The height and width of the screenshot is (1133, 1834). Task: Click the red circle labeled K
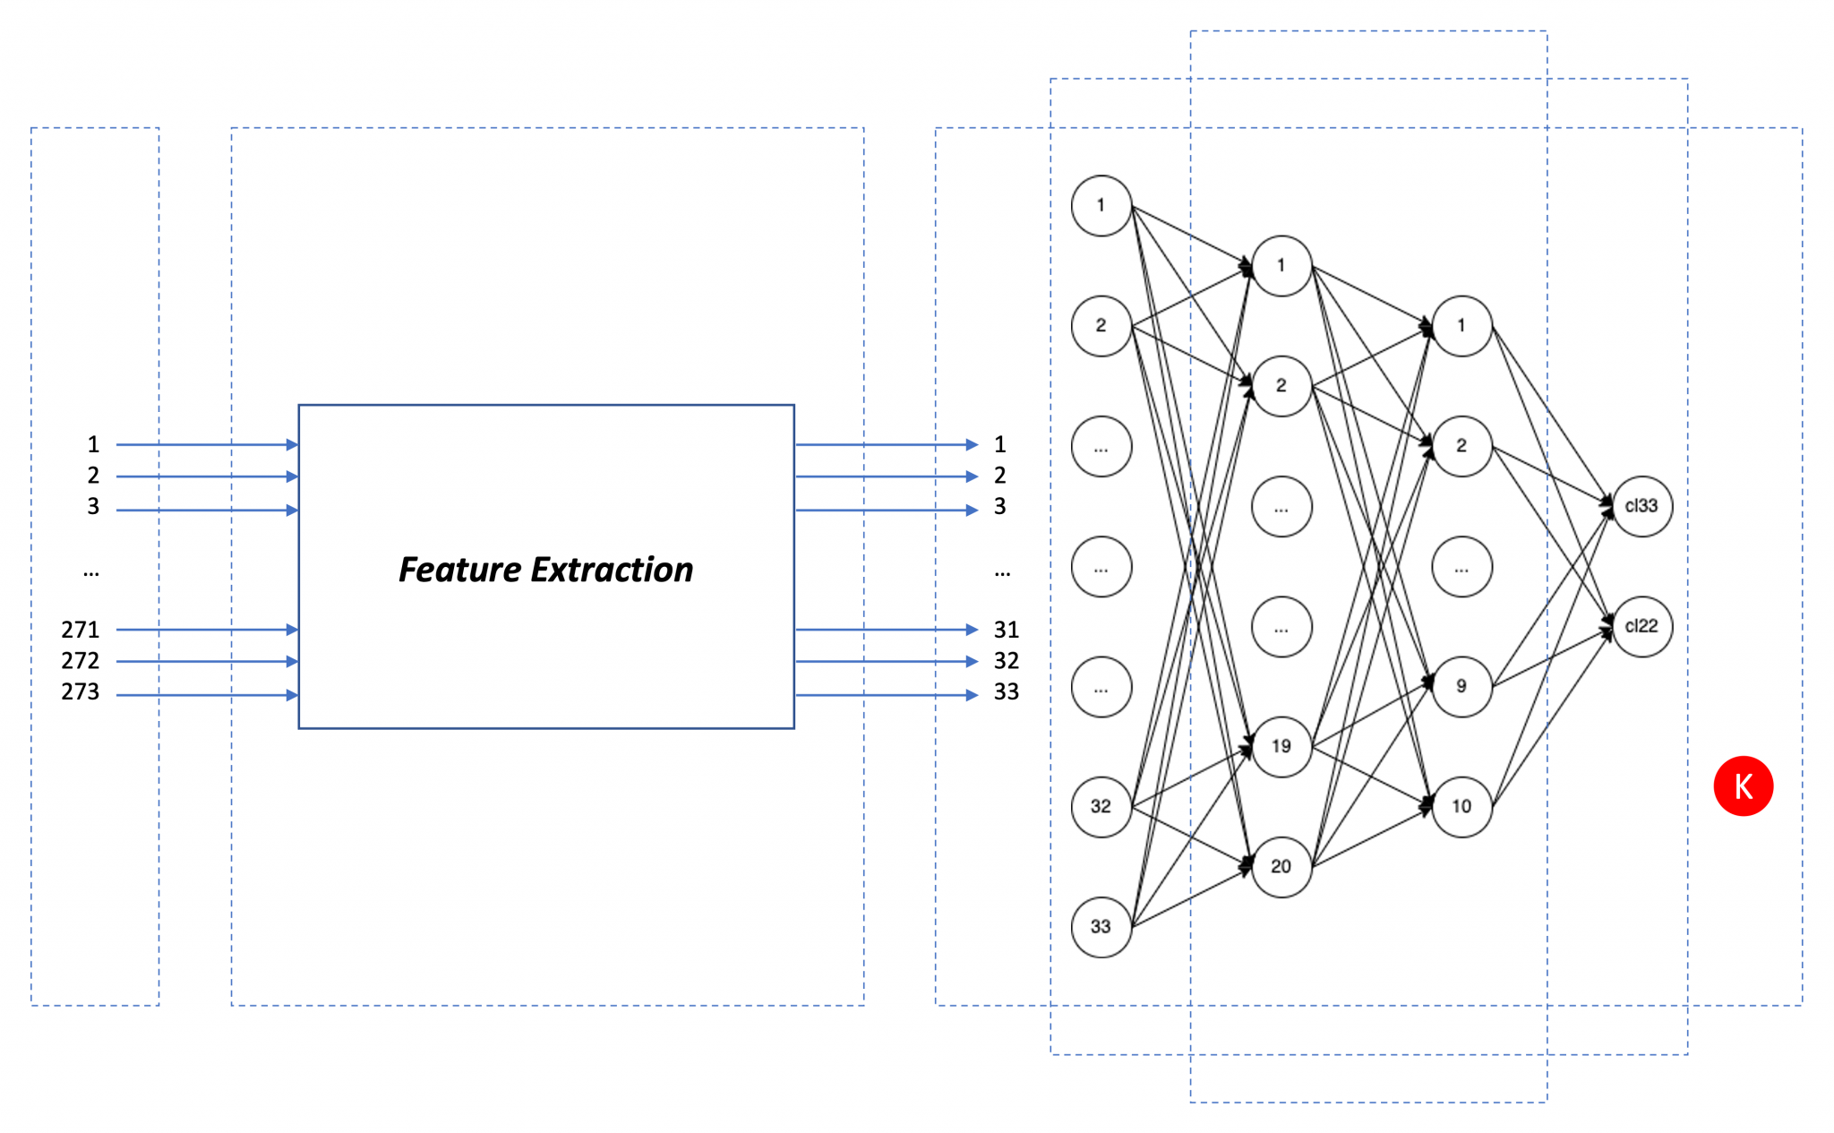click(1743, 786)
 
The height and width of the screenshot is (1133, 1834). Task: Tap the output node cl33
click(1641, 506)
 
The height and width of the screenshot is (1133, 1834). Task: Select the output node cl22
click(1641, 626)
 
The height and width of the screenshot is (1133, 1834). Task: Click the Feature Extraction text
click(545, 570)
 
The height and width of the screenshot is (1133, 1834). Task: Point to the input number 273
click(80, 692)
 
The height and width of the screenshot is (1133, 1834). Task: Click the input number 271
click(80, 630)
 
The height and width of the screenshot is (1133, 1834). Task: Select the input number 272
click(80, 661)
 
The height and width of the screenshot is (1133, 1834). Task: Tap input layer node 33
click(1101, 927)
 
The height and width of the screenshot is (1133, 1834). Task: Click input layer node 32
click(1101, 806)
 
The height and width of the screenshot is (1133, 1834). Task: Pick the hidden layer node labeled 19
click(1281, 746)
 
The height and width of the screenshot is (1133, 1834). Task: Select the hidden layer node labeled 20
click(1281, 866)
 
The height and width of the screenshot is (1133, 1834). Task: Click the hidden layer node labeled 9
click(1461, 686)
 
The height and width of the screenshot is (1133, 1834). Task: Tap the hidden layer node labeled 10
click(1461, 806)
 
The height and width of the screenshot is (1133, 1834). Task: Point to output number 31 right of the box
click(1006, 630)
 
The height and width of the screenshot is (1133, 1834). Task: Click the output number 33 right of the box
click(1006, 692)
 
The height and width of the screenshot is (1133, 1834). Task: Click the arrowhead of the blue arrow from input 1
click(292, 444)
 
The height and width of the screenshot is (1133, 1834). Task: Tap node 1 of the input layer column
click(1101, 206)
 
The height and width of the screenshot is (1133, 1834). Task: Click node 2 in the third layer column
click(1461, 446)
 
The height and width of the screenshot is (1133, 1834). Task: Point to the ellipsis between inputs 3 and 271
click(90, 571)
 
